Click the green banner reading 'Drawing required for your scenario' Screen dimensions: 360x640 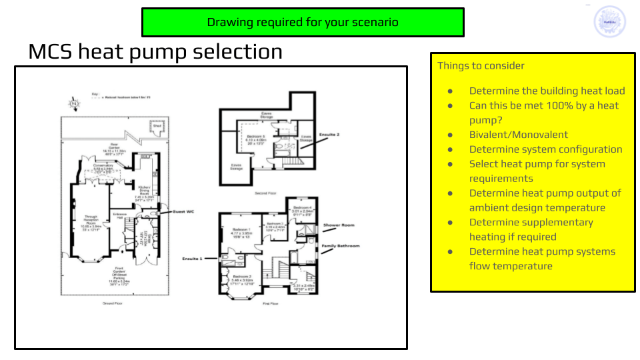pos(303,22)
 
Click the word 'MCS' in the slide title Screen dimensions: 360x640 pos(50,51)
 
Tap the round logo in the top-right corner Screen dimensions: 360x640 pos(609,22)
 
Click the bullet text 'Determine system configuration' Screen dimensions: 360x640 pos(545,149)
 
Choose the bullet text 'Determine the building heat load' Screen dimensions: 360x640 pos(547,91)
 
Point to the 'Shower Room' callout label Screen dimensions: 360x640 pos(339,225)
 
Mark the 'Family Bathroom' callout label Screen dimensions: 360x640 pos(341,246)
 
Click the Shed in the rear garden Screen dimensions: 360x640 pos(157,125)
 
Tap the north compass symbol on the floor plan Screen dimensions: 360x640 pos(75,103)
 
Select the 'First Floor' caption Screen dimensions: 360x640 pos(270,303)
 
